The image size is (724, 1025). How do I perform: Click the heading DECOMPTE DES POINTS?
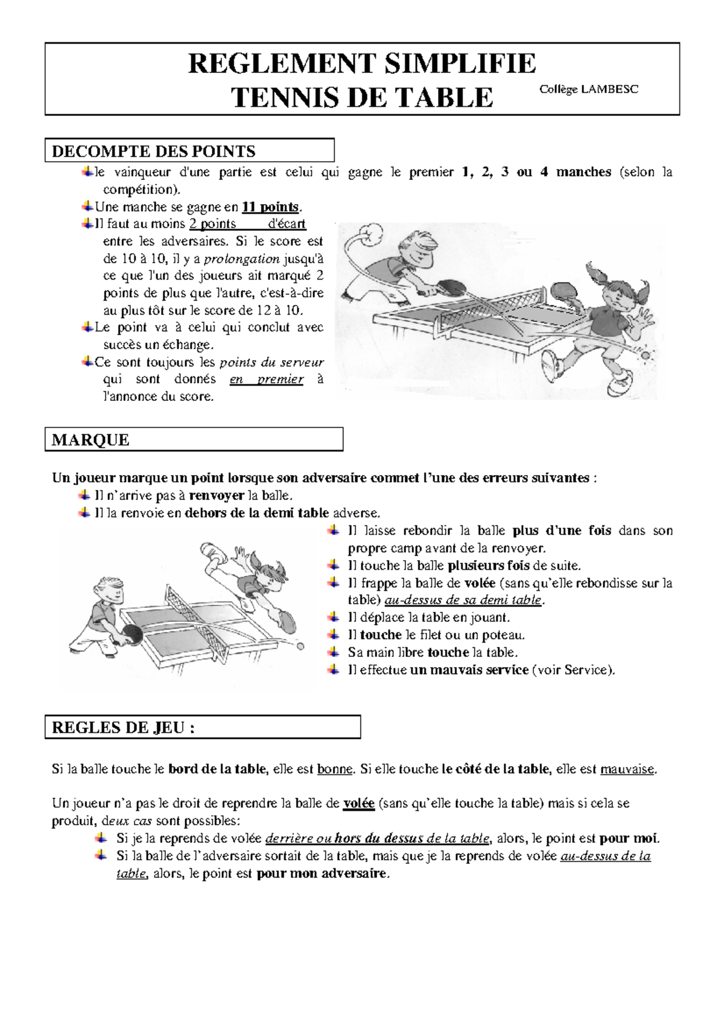point(153,151)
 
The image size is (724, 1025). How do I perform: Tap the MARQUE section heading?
point(91,439)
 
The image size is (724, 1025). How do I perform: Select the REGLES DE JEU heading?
point(123,727)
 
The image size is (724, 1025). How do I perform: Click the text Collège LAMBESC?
point(588,89)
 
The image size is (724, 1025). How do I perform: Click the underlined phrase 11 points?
point(270,207)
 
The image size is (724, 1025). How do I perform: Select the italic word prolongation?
point(241,259)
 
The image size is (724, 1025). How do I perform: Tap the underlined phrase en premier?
point(266,379)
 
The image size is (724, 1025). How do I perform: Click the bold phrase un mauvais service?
point(469,669)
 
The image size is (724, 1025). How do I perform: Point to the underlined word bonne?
point(334,769)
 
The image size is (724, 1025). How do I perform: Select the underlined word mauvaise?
point(627,769)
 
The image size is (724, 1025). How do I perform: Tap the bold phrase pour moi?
point(629,838)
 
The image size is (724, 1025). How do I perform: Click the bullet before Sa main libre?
point(332,652)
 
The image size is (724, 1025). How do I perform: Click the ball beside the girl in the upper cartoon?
point(645,355)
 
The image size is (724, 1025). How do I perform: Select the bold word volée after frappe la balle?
point(480,583)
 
